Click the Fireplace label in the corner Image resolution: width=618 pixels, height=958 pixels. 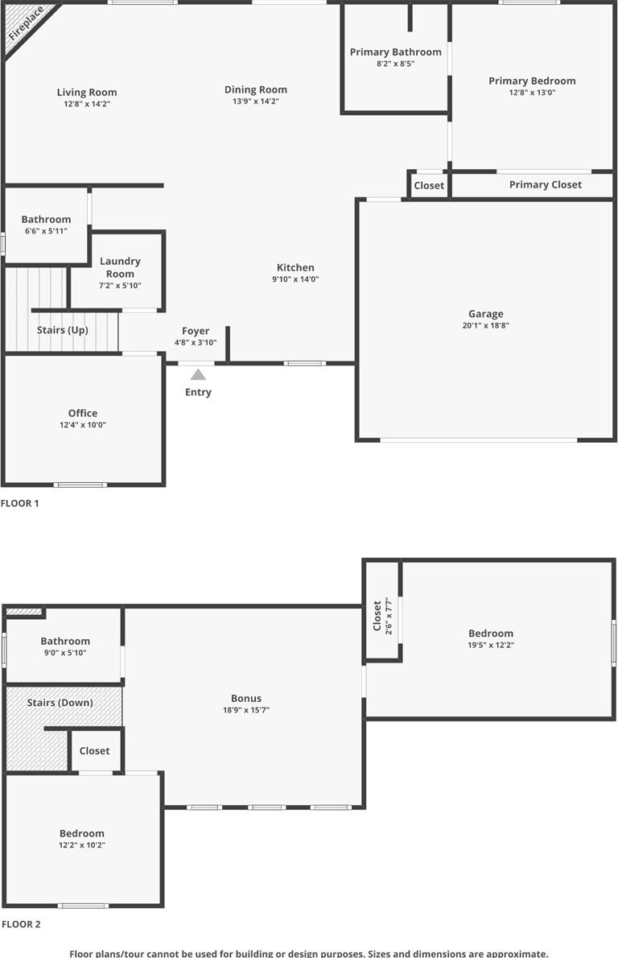coord(27,24)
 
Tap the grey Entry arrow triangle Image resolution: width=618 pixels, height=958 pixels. coord(198,374)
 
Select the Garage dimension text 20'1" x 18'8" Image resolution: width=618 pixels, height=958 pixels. coord(485,326)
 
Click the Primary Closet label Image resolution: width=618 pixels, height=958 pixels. coord(546,184)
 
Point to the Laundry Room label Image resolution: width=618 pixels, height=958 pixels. coord(121,267)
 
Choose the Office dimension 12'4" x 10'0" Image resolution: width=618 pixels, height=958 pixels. coord(83,424)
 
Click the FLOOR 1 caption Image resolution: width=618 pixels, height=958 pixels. coord(19,503)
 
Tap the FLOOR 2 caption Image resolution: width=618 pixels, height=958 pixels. coord(21,924)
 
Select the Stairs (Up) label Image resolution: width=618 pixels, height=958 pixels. coord(62,330)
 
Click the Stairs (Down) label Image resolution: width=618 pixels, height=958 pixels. coord(60,703)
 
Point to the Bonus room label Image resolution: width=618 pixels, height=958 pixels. coord(246,698)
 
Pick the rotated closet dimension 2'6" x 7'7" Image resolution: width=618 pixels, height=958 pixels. coord(389,617)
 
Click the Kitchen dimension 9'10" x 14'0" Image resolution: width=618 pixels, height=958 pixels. coord(295,279)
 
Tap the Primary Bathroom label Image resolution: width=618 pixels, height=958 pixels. coord(396,52)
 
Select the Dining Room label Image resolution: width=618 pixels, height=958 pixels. coord(256,90)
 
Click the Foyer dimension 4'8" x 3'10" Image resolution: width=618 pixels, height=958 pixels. coord(196,343)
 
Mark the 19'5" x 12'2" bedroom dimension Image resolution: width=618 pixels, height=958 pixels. coord(491,645)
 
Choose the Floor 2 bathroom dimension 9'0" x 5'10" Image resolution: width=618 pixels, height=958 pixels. coord(65,653)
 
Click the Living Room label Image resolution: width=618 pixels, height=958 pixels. coord(87,93)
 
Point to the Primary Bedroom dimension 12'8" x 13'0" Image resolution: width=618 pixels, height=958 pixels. coord(532,93)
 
